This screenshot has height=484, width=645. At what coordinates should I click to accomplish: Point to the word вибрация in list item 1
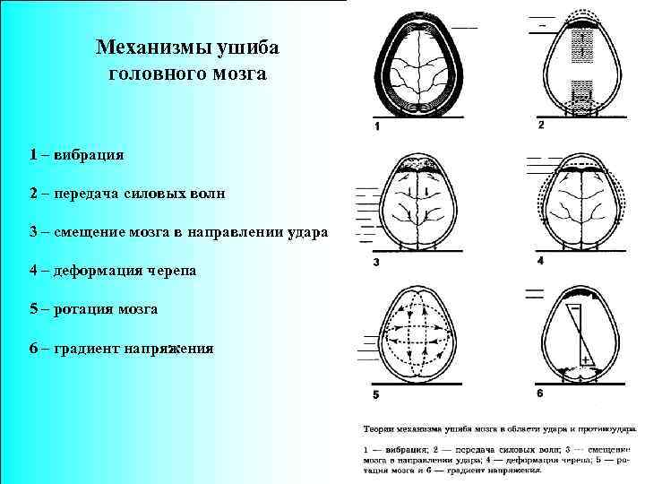(x=89, y=154)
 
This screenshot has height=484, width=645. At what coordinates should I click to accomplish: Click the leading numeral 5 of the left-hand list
(x=32, y=309)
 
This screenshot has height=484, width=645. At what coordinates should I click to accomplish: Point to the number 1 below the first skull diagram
(x=377, y=126)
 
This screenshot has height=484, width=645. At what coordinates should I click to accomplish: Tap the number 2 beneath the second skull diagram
(x=541, y=125)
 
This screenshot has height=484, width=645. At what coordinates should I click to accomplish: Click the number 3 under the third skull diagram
(x=376, y=263)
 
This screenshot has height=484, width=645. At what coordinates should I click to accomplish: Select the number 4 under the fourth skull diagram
(x=540, y=261)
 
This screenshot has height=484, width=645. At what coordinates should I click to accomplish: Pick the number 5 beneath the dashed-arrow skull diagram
(x=376, y=394)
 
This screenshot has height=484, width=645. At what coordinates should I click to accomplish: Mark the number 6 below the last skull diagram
(x=540, y=393)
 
